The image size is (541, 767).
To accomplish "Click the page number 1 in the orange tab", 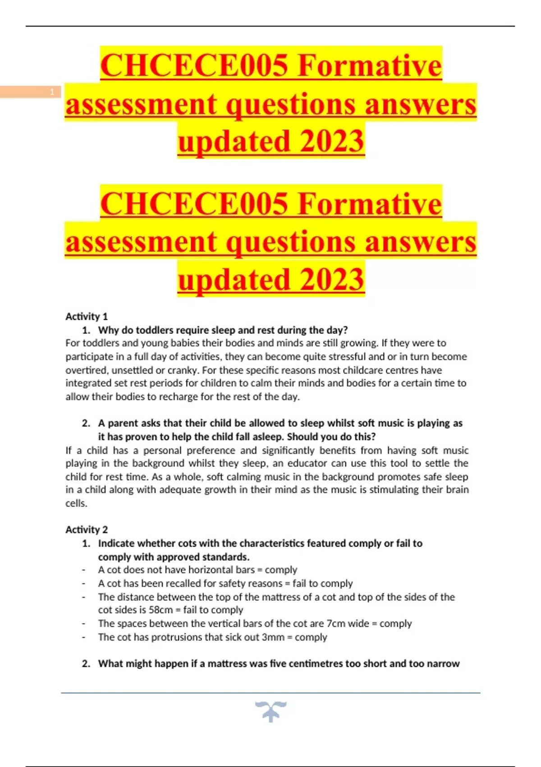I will pyautogui.click(x=52, y=92).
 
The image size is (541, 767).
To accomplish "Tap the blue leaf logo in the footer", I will pyautogui.click(x=270, y=711).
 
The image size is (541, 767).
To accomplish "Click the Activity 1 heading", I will pyautogui.click(x=87, y=316).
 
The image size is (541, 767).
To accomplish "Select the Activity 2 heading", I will pyautogui.click(x=87, y=529).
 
